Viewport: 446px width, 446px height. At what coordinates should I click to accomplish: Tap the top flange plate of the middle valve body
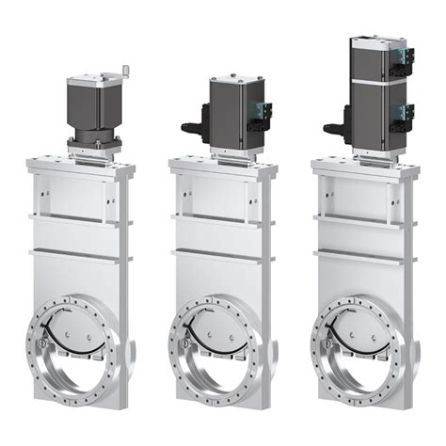point(224,166)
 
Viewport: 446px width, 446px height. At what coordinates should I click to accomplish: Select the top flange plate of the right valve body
point(365,166)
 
